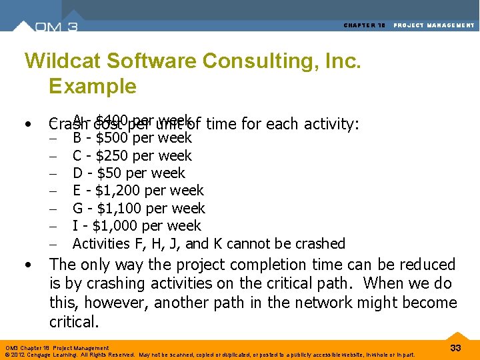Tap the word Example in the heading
(92, 87)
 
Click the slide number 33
(456, 347)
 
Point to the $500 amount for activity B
(113, 138)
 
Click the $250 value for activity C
(113, 156)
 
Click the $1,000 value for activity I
(117, 226)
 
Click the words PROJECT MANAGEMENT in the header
(434, 25)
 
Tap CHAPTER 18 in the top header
(365, 25)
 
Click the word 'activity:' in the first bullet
(331, 124)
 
